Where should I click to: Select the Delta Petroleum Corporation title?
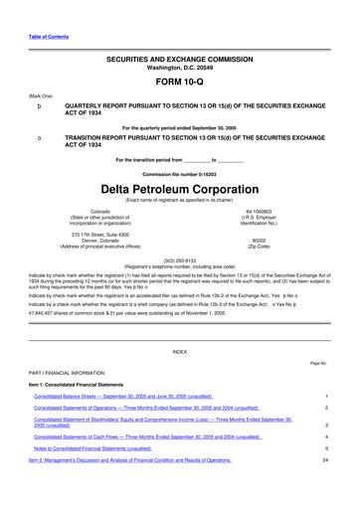[179, 188]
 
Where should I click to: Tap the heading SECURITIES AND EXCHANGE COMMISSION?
[179, 61]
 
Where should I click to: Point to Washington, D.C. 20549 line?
[179, 70]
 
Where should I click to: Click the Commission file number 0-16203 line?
[179, 173]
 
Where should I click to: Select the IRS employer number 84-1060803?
[259, 212]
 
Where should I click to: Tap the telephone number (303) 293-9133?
[179, 259]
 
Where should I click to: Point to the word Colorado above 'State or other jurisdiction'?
[100, 212]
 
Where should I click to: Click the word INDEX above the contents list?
[179, 352]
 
